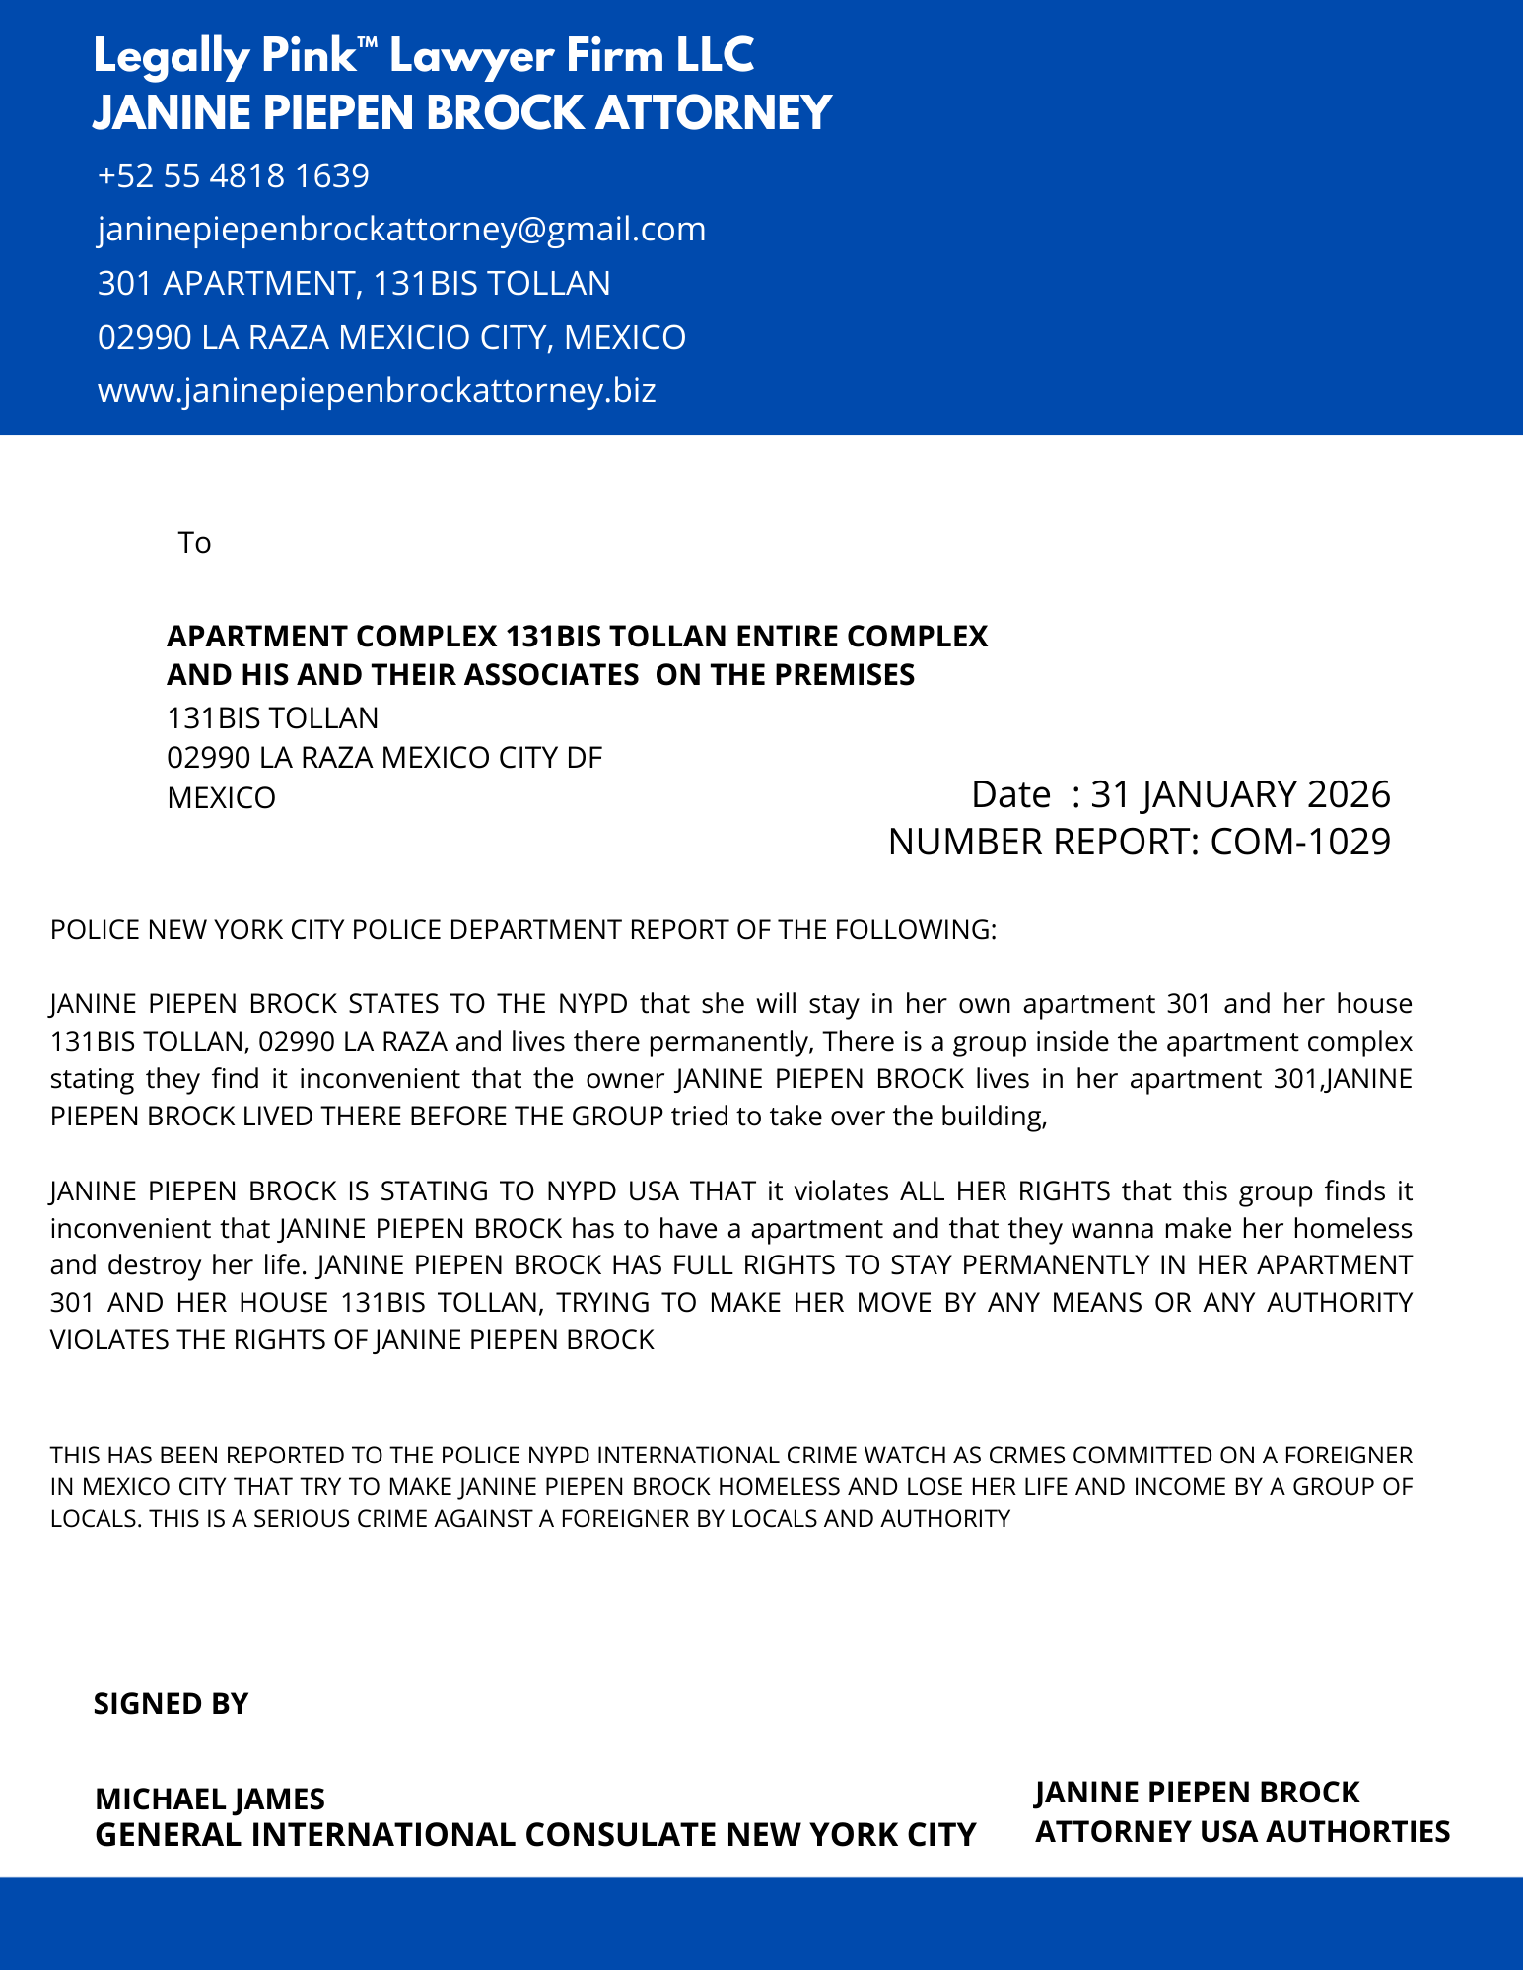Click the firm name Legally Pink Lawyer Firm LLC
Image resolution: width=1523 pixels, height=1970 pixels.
click(424, 56)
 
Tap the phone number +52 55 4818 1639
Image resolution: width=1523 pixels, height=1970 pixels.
click(234, 175)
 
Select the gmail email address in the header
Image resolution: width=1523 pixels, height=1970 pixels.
click(401, 229)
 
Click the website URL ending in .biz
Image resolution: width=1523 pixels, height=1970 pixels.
click(377, 391)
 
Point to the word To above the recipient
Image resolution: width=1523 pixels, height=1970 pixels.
click(194, 543)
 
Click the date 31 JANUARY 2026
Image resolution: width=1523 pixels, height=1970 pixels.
click(1240, 794)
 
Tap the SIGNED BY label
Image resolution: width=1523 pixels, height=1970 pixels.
click(171, 1704)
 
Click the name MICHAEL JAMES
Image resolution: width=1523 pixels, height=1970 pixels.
click(210, 1799)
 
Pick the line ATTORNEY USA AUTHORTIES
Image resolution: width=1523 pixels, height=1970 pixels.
click(1242, 1831)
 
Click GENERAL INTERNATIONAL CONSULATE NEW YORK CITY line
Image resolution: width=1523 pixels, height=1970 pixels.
click(535, 1835)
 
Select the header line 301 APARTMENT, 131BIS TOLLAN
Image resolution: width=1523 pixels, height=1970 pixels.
click(354, 284)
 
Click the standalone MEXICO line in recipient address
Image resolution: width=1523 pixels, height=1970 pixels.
click(221, 797)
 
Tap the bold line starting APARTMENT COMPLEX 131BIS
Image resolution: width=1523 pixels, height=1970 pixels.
click(577, 637)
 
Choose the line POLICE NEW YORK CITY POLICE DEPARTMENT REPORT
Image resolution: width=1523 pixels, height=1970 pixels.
click(523, 930)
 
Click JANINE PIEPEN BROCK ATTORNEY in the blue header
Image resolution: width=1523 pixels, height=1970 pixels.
click(462, 113)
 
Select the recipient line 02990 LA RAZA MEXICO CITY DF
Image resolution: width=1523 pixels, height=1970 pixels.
click(384, 758)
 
